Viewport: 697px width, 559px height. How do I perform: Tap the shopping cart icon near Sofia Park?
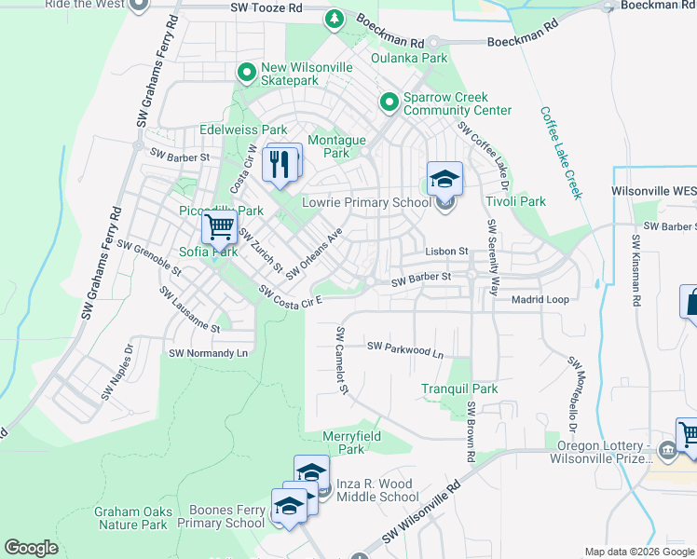(x=220, y=226)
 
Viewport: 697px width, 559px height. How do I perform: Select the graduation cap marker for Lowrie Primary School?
(x=444, y=178)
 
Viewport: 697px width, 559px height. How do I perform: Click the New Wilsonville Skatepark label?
(x=308, y=75)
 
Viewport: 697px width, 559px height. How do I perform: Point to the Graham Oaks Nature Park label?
(x=130, y=518)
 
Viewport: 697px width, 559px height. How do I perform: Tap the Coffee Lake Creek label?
(x=561, y=153)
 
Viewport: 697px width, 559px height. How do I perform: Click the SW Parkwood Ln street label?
(x=405, y=348)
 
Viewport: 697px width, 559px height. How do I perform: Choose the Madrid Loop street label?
(x=540, y=300)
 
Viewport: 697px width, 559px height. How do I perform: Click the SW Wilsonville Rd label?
(x=422, y=513)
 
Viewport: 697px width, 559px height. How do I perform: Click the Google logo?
(x=31, y=548)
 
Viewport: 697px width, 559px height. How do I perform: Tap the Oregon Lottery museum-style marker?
(x=668, y=451)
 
